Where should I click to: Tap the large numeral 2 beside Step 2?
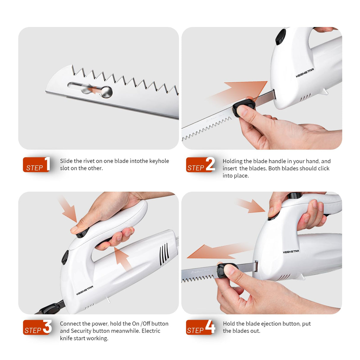click(210, 164)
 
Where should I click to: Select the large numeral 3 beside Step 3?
click(47, 327)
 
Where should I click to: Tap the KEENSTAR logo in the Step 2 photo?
click(305, 73)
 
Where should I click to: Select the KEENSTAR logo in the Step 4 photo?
click(291, 252)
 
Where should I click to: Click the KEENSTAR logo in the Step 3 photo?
click(85, 291)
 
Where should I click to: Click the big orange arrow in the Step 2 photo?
click(243, 90)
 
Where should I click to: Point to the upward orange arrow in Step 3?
click(122, 258)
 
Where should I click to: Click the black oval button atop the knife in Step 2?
click(281, 37)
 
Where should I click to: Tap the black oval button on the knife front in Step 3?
click(65, 257)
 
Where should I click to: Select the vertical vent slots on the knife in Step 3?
click(164, 254)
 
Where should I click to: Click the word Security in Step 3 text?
click(81, 331)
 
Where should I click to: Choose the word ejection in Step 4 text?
click(271, 324)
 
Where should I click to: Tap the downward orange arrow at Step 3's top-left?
click(68, 209)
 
